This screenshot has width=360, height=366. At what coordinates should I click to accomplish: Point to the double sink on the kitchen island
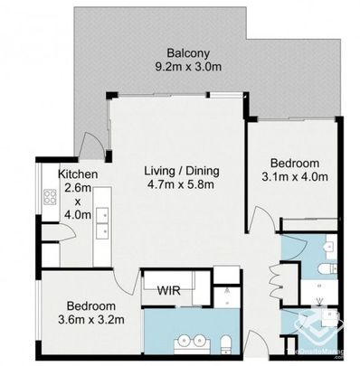point(101,216)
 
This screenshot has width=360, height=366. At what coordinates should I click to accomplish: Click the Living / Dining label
point(182,171)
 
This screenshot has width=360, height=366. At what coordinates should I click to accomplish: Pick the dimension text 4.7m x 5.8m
point(182,184)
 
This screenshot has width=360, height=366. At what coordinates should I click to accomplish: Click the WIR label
point(168,291)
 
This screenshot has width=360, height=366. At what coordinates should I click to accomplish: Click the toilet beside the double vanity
point(227,342)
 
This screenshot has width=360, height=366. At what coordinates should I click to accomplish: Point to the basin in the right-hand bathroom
point(328,246)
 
